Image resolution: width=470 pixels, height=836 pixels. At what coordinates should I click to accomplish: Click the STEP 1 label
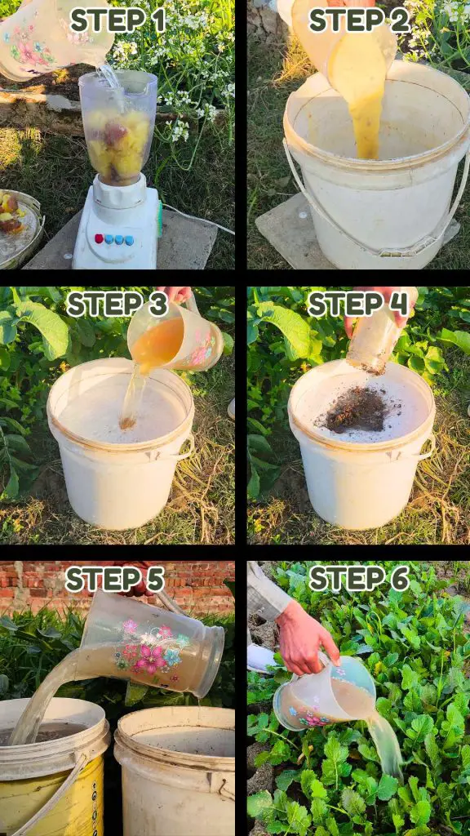click(118, 20)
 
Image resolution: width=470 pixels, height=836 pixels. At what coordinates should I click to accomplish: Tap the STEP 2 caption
click(359, 20)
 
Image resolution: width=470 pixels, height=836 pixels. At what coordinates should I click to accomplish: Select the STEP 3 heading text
click(117, 305)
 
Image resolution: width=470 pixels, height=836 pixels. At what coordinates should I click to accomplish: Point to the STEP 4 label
click(359, 305)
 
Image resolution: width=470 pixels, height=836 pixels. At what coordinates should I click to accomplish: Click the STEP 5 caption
click(114, 580)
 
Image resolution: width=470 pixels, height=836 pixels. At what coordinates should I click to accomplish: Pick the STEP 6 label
click(359, 579)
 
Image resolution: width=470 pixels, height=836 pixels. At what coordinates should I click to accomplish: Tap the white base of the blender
click(117, 224)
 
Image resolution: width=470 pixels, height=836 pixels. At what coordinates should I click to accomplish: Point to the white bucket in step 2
click(376, 165)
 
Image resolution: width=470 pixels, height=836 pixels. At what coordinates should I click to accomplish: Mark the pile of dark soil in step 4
click(356, 410)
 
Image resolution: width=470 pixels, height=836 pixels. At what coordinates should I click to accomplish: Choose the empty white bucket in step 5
click(175, 772)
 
